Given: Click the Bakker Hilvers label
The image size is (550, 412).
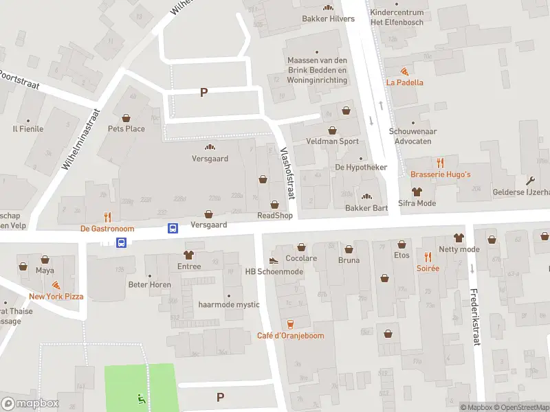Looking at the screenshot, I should [328, 19].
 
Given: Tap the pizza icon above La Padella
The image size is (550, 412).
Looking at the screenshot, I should [405, 71].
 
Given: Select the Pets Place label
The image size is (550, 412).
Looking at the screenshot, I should [126, 128].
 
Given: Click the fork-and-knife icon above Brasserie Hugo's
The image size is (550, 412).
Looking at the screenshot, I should [441, 163].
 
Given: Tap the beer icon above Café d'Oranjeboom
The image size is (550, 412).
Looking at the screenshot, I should [290, 324].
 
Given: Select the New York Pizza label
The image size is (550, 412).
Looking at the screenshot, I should [56, 297].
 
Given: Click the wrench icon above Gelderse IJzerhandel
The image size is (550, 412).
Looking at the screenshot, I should [530, 181].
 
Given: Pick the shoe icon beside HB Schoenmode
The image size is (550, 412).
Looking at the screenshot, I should [274, 260].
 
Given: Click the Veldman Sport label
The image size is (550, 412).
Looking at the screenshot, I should [332, 141].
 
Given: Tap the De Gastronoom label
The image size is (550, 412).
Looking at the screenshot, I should [107, 229].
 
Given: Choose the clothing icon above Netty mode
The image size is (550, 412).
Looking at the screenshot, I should [459, 238].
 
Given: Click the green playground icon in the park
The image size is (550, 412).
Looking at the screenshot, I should [140, 398].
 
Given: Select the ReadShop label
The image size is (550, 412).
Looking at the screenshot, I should [275, 216].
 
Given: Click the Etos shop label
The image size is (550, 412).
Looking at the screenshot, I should [402, 255].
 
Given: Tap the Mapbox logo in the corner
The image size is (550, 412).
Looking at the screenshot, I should [30, 404].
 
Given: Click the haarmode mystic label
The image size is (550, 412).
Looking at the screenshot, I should [228, 304].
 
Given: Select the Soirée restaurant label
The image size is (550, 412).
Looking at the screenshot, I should [428, 268].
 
